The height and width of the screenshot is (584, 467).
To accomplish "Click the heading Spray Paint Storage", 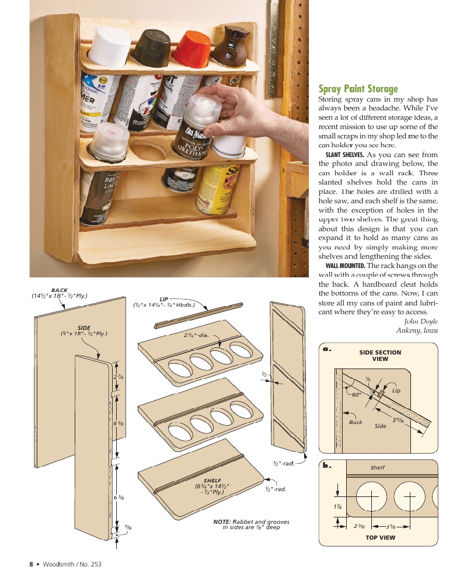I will tap(358, 89).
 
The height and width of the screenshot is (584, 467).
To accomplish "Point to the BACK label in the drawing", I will tap(60, 290).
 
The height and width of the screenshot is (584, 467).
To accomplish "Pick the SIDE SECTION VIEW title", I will tap(380, 356).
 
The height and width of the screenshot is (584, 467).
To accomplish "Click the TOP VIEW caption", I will tap(380, 537).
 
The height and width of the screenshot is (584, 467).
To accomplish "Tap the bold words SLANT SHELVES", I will tap(344, 155).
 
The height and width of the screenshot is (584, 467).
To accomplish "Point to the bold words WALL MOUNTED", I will tap(345, 266).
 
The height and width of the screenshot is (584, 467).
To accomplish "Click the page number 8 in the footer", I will tap(32, 564).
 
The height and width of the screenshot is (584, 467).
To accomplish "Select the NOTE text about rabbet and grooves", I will tap(252, 524).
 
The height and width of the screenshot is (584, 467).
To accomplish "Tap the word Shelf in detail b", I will tap(378, 468).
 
